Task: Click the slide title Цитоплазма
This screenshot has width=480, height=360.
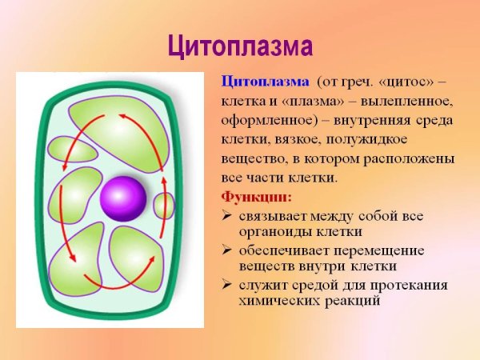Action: pos(240,46)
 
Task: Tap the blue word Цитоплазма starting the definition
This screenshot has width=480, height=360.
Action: pos(264,82)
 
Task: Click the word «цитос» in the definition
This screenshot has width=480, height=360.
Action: pos(408,82)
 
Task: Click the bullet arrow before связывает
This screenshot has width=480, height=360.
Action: pos(226,217)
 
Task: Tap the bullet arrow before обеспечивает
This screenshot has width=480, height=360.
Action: pos(226,251)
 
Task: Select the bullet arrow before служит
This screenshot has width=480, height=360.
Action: pos(226,286)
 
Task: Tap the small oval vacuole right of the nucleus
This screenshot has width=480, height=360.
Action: pos(164,206)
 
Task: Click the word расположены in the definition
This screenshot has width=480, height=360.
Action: pos(407,159)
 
